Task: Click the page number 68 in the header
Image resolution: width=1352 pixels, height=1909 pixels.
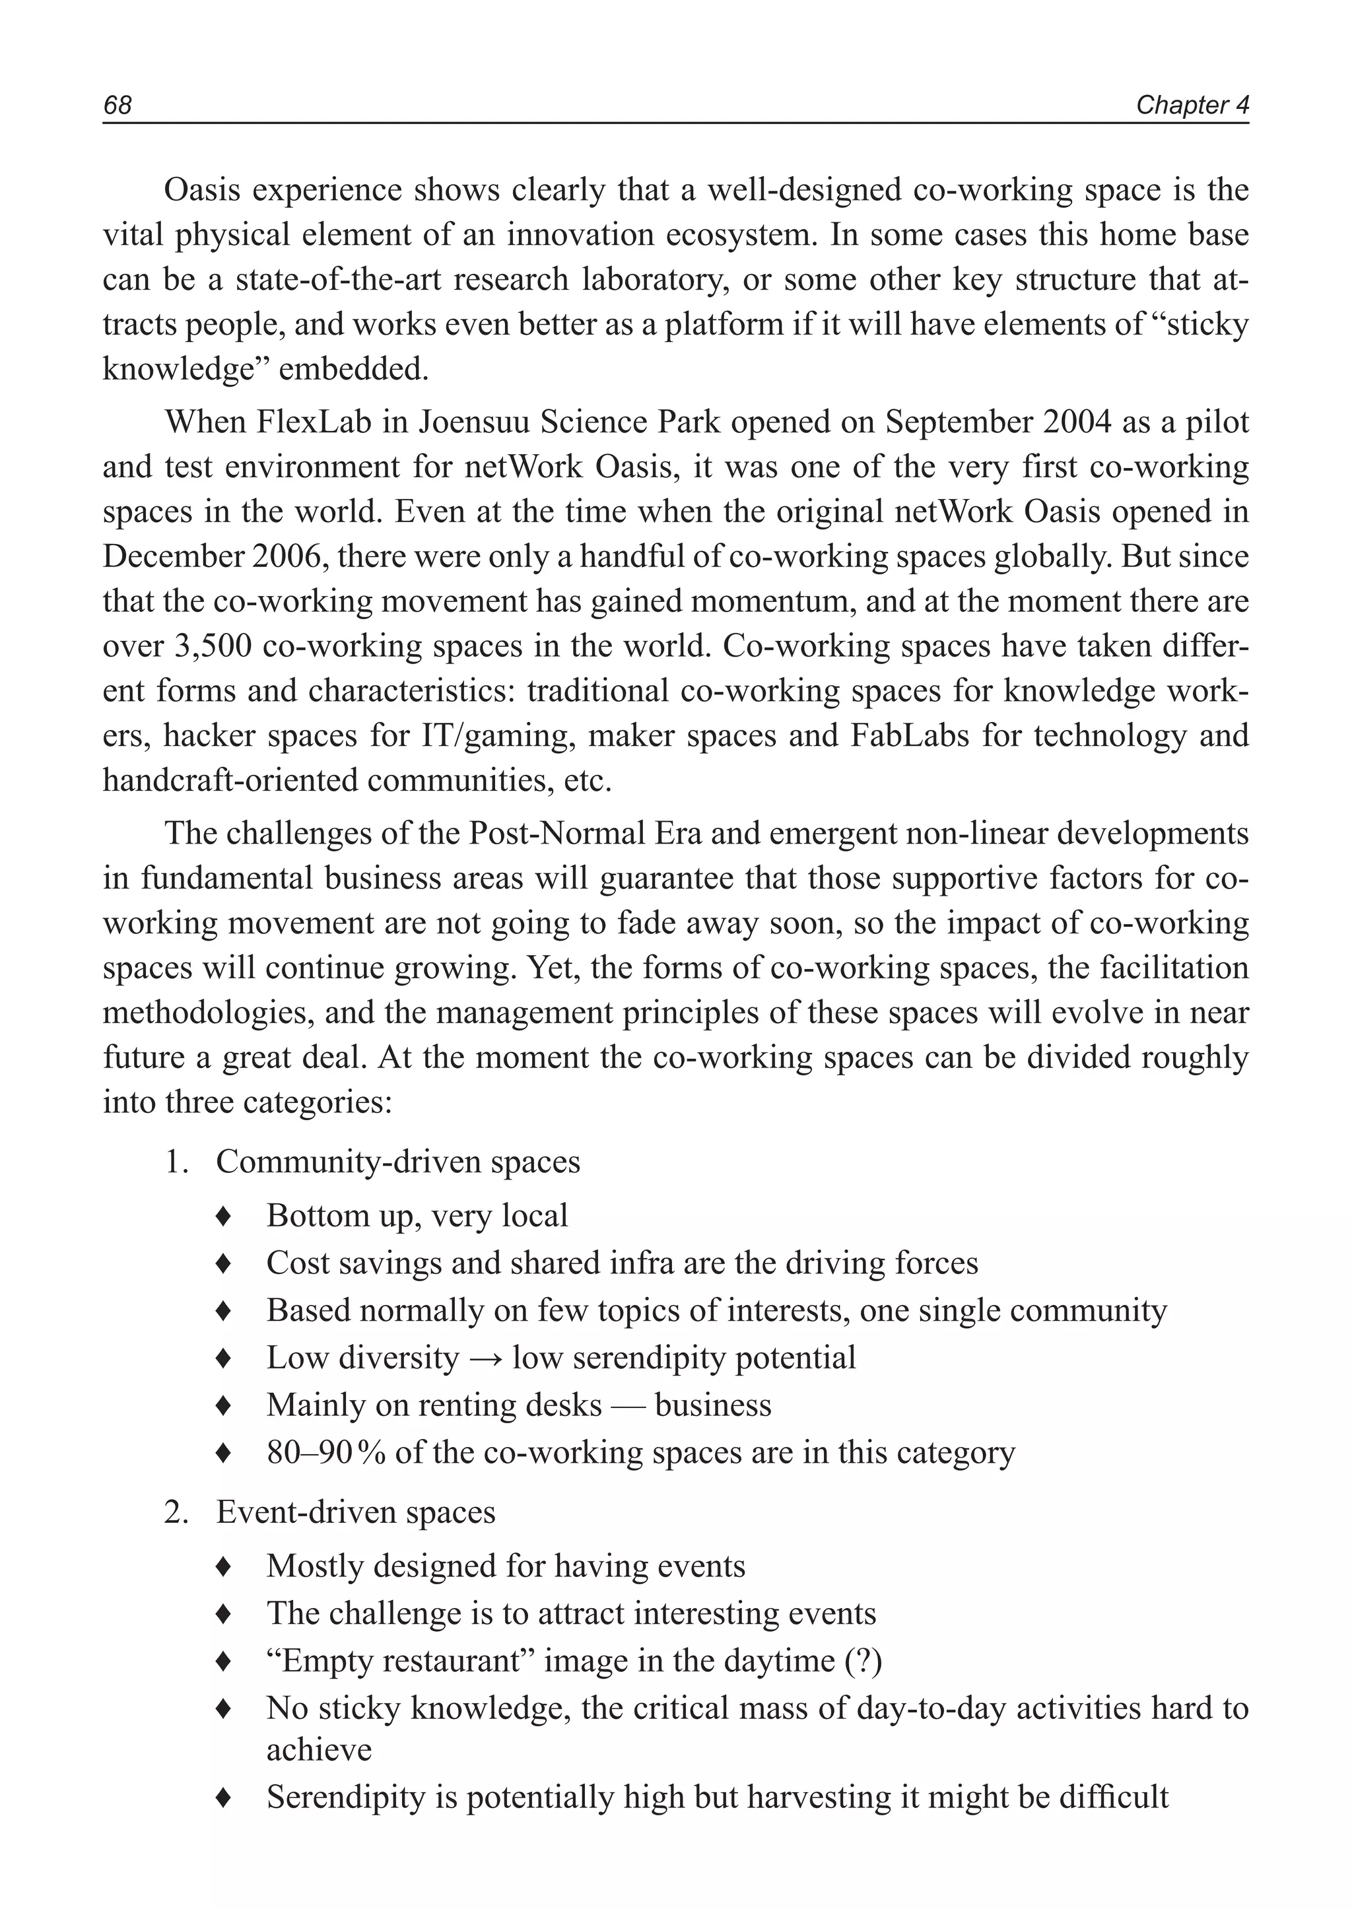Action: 118,105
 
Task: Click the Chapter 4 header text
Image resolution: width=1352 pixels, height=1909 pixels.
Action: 1192,105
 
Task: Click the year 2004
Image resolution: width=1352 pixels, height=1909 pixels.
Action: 1077,422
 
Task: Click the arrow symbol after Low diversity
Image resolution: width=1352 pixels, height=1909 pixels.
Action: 485,1358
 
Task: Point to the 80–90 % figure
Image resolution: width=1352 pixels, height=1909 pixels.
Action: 325,1453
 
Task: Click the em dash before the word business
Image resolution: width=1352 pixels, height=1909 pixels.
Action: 628,1405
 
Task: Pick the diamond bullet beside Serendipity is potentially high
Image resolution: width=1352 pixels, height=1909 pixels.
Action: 222,1797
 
